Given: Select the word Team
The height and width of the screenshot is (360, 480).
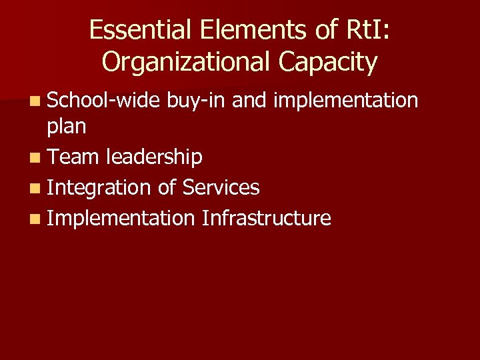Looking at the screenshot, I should (73, 157).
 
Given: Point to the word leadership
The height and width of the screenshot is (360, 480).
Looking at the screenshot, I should (153, 157).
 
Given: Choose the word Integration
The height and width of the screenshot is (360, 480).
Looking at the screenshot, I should (99, 188).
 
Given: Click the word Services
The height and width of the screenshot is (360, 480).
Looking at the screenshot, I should (220, 187).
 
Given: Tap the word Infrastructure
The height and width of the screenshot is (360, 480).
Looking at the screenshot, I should (266, 218).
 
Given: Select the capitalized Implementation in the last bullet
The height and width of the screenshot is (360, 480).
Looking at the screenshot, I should (121, 219).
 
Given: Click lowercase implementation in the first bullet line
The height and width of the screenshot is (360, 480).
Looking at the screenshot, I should (345, 101).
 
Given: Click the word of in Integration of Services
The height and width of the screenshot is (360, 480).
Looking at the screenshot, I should (167, 187).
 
